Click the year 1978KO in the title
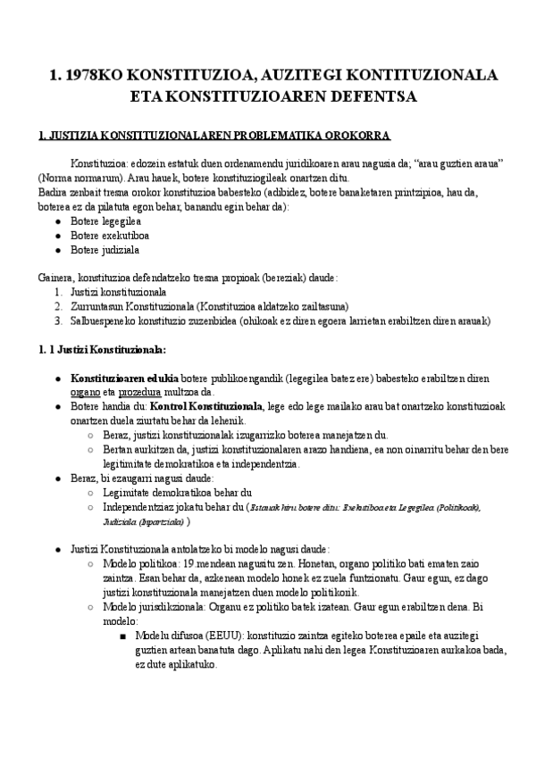tap(98, 74)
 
